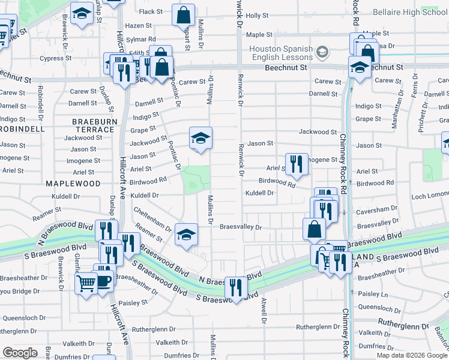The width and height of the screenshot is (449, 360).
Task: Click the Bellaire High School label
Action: [x=410, y=12]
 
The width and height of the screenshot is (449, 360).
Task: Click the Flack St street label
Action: [x=151, y=11]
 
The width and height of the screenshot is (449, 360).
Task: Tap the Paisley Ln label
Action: [x=373, y=294]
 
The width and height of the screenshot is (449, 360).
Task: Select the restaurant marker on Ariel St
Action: [x=296, y=164]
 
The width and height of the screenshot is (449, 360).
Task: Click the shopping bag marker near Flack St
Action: [x=184, y=15]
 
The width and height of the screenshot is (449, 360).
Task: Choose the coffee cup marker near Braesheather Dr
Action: [x=103, y=278]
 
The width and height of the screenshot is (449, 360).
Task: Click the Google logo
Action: [x=20, y=353]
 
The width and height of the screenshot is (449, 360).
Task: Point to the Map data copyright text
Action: [x=412, y=355]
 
